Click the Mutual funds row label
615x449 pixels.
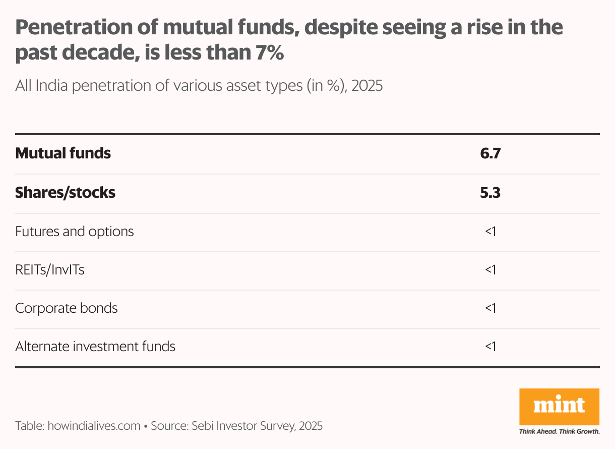[x=63, y=153]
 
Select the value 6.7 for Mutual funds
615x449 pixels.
[x=490, y=153]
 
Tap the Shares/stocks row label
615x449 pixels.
[x=65, y=192]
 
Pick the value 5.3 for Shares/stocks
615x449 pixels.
[x=490, y=192]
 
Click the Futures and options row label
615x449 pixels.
[x=75, y=232]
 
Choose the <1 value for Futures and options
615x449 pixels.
[x=490, y=232]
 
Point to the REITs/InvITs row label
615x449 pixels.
[x=50, y=270]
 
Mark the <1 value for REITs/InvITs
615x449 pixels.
[x=490, y=270]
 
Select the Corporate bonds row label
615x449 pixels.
[x=67, y=308]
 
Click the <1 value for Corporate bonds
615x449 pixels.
[x=490, y=308]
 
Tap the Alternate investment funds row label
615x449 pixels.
[x=95, y=347]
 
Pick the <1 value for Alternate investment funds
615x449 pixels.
[x=490, y=347]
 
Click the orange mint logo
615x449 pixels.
[x=559, y=406]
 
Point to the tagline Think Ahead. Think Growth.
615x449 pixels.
[x=559, y=431]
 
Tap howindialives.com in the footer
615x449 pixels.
[x=94, y=426]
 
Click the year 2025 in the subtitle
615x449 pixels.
[x=367, y=86]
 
